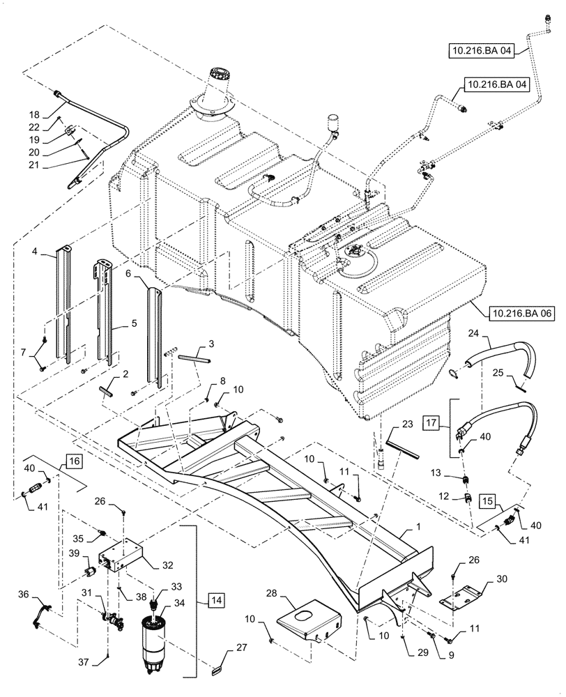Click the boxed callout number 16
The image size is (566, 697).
[x=75, y=460]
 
